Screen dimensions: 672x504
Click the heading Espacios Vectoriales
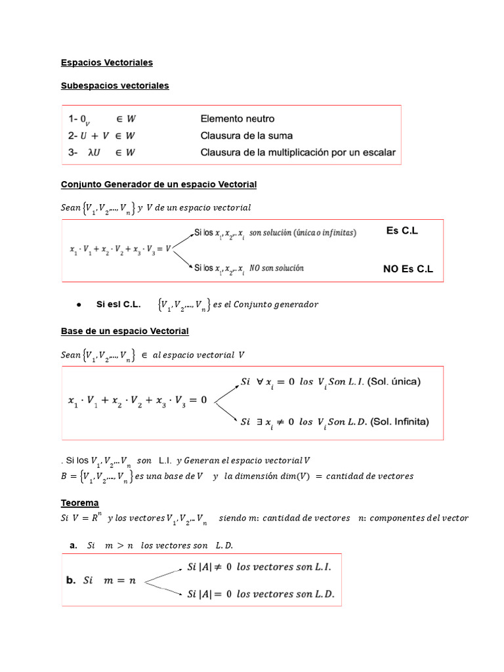(106, 62)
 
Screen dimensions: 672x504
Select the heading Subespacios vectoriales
(114, 86)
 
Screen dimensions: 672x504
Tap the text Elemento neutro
(237, 119)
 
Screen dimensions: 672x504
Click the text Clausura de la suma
(246, 136)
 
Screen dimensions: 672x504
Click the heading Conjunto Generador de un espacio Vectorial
(158, 184)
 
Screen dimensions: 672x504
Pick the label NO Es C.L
(408, 269)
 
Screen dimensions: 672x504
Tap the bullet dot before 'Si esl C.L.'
(77, 304)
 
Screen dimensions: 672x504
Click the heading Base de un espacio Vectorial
(125, 331)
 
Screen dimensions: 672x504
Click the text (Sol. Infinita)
(399, 422)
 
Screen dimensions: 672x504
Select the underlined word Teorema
(79, 503)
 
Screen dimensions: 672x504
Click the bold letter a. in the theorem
(73, 545)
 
